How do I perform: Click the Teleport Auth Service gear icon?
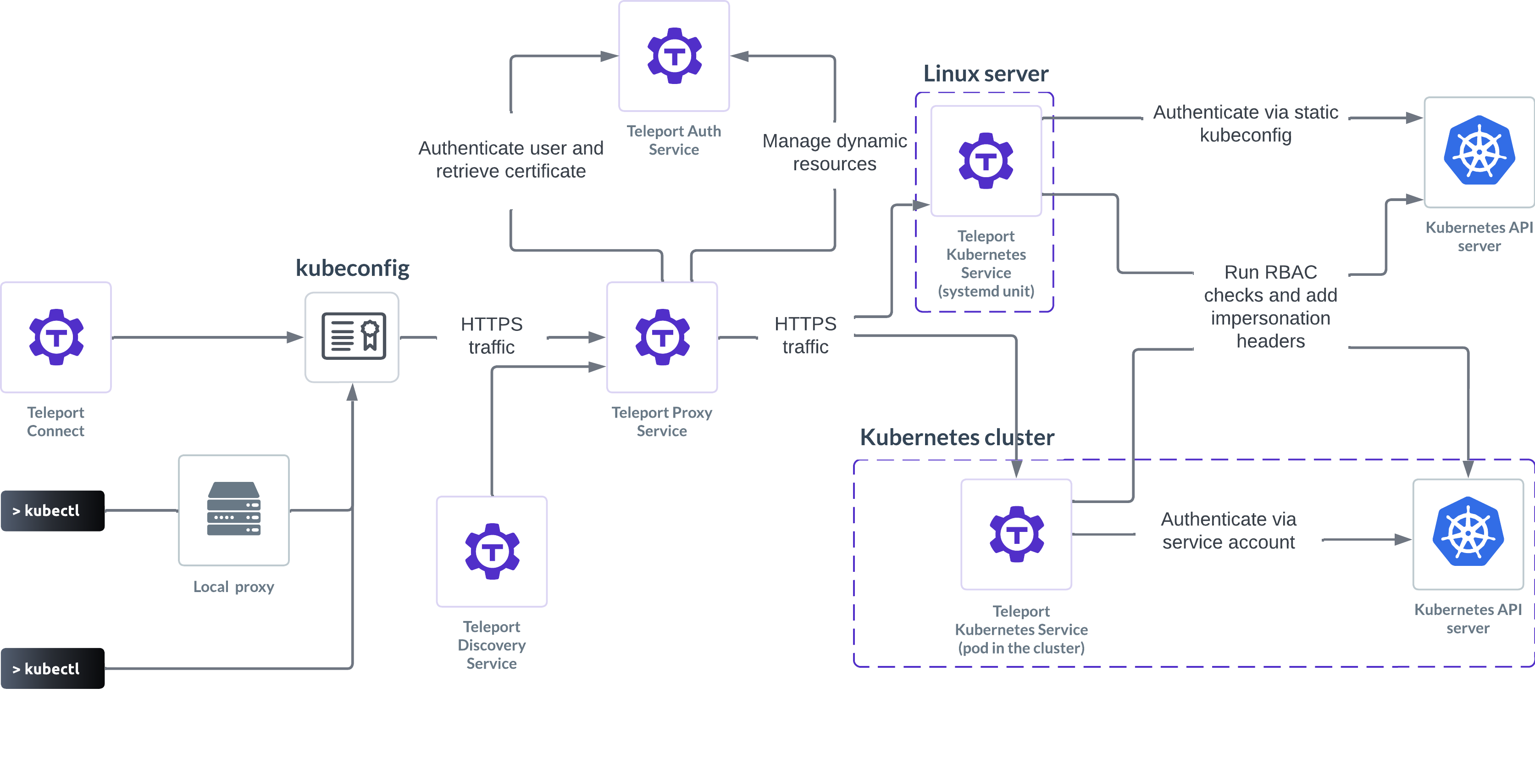(x=674, y=56)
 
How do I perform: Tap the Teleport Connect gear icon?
(x=56, y=337)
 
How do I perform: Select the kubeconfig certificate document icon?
(x=353, y=336)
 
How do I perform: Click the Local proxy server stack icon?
(x=233, y=509)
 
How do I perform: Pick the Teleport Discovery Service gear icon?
(x=492, y=551)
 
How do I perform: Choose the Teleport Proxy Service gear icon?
(x=662, y=337)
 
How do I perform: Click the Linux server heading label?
(x=986, y=73)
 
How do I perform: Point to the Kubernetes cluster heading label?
(x=956, y=437)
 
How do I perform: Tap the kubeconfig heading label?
(x=352, y=268)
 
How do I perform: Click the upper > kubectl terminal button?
(x=52, y=511)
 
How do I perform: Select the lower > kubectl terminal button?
(x=52, y=669)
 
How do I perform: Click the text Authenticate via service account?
(x=1228, y=531)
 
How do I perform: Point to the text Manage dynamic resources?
(x=834, y=152)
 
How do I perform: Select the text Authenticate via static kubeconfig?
(x=1246, y=123)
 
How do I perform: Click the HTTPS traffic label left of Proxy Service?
(x=492, y=335)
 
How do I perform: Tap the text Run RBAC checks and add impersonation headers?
(x=1270, y=307)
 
